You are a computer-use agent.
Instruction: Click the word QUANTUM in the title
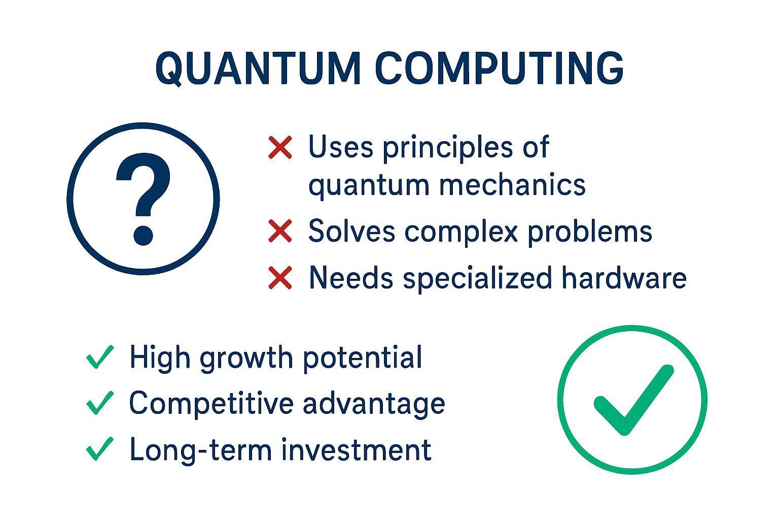[x=258, y=69]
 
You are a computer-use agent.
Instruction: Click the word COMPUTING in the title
[x=500, y=68]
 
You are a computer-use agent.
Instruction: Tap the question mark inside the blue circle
[x=144, y=199]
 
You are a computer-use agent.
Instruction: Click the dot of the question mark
[x=144, y=236]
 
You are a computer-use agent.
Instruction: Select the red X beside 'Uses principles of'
[x=280, y=148]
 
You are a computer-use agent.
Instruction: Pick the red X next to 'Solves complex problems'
[x=280, y=231]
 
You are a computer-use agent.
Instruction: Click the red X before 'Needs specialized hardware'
[x=280, y=278]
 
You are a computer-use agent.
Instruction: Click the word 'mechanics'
[x=513, y=185]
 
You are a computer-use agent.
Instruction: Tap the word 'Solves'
[x=351, y=231]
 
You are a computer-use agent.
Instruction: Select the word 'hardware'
[x=624, y=277]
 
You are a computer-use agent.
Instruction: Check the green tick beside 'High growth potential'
[x=100, y=357]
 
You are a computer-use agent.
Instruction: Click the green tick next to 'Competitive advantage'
[x=100, y=403]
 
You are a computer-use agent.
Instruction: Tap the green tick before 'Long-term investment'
[x=100, y=449]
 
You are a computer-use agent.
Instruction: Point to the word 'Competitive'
[x=211, y=403]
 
